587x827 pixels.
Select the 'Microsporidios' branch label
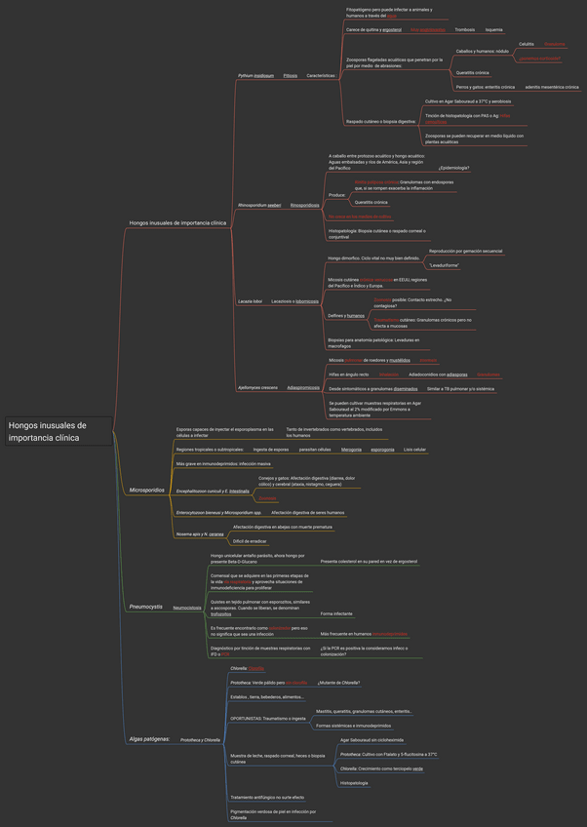[x=147, y=490]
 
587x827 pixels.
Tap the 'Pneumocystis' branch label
[x=147, y=607]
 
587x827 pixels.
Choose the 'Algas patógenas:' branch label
[x=149, y=739]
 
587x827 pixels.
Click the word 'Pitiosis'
[x=291, y=75]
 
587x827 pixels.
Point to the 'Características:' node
[x=321, y=75]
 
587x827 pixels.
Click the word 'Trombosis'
[x=464, y=30]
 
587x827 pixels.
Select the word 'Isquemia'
[x=494, y=30]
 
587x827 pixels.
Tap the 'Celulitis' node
[x=526, y=44]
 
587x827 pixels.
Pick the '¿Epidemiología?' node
[x=453, y=168]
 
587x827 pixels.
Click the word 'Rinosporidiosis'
[x=304, y=206]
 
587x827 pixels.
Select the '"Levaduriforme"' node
[x=444, y=265]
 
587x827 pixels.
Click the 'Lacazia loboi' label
[x=251, y=301]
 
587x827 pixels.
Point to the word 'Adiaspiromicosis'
[x=303, y=387]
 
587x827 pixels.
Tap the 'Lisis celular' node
[x=414, y=450]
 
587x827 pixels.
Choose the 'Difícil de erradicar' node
[x=252, y=540]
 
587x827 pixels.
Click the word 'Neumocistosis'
[x=187, y=608]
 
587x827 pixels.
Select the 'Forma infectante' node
[x=336, y=613]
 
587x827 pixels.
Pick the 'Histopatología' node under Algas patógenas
[x=354, y=782]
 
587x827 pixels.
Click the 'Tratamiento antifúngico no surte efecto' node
[x=267, y=797]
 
